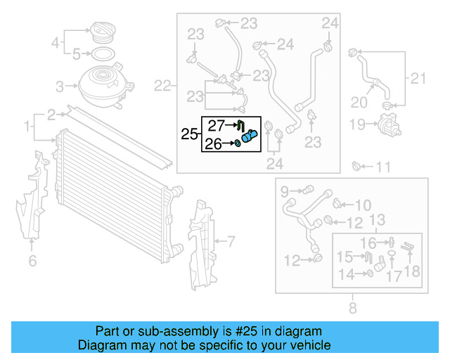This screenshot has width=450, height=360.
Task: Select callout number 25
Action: (x=189, y=134)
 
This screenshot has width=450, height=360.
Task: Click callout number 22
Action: (x=162, y=86)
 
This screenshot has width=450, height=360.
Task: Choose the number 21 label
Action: (x=418, y=79)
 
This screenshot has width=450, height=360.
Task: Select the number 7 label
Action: (x=230, y=242)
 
